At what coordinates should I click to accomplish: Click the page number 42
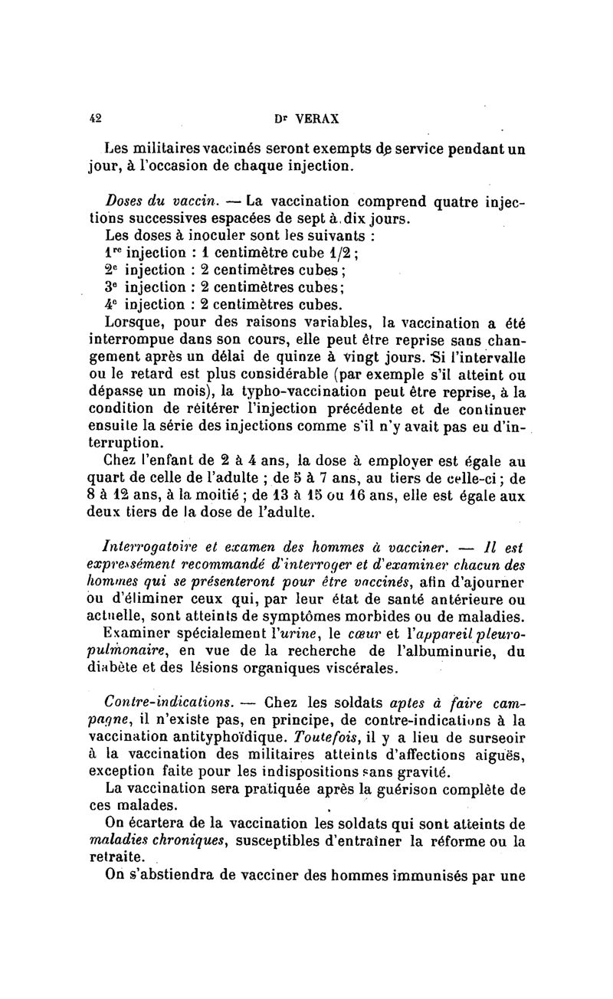[96, 119]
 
